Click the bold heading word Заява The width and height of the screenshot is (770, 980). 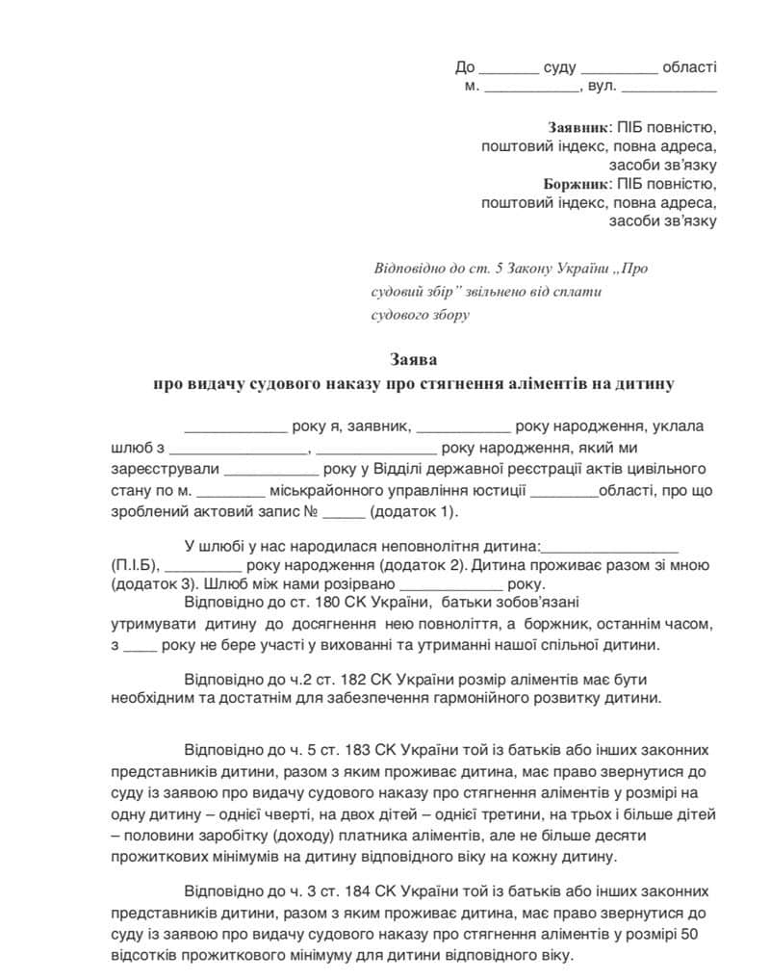pos(414,360)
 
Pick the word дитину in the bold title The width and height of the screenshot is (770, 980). pos(650,382)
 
